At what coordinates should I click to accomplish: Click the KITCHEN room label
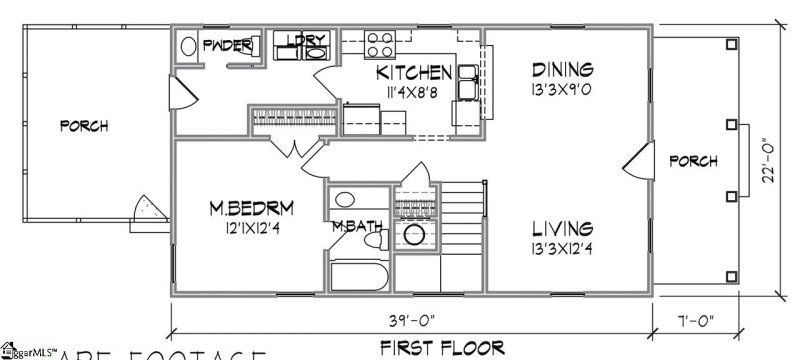(415, 73)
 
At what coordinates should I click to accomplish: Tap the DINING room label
(562, 69)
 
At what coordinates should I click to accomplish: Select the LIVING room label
(562, 228)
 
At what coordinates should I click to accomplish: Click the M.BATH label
(358, 225)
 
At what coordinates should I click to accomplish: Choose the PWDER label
(227, 44)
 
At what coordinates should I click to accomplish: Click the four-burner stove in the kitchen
(379, 44)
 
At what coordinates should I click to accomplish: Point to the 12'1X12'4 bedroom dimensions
(251, 226)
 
